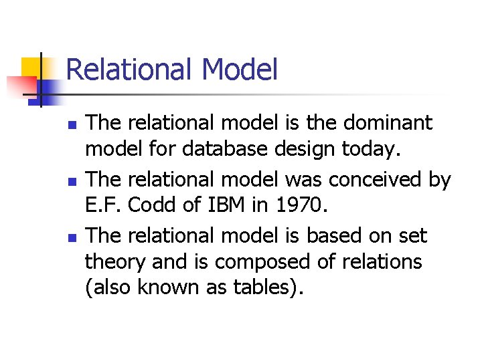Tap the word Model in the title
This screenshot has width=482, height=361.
tap(239, 70)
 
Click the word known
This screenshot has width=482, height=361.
tap(167, 287)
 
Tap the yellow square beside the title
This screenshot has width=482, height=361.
tap(31, 68)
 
